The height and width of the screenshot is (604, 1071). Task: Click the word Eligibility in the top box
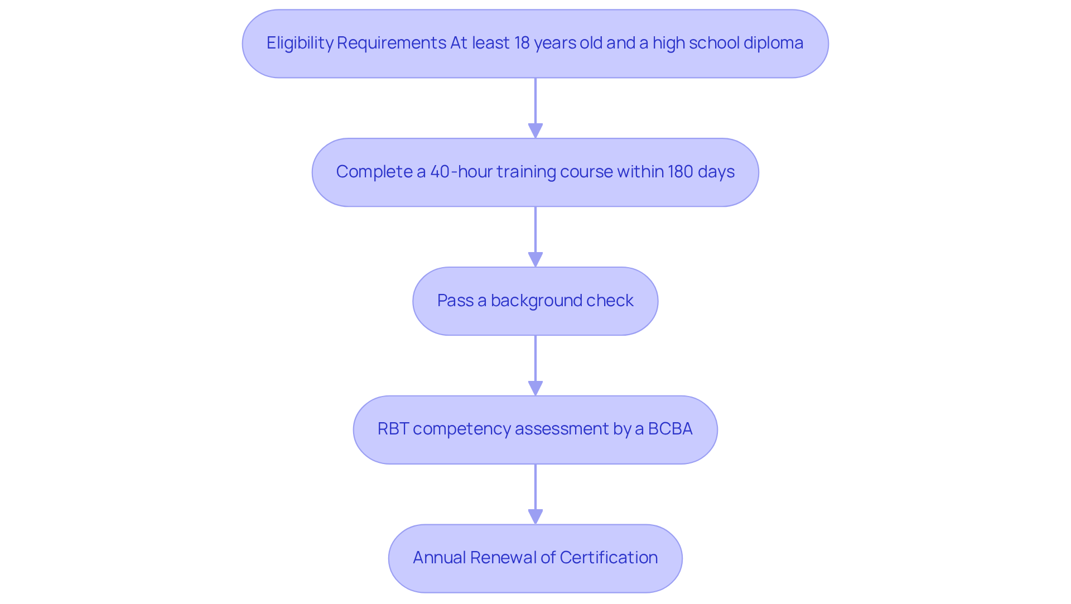[300, 43]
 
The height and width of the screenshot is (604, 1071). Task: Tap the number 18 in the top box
[522, 43]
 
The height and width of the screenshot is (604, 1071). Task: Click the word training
[526, 172]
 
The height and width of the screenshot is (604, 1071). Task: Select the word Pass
[455, 301]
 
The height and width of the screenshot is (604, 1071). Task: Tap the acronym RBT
[393, 429]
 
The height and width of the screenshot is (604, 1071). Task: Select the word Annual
[439, 558]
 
